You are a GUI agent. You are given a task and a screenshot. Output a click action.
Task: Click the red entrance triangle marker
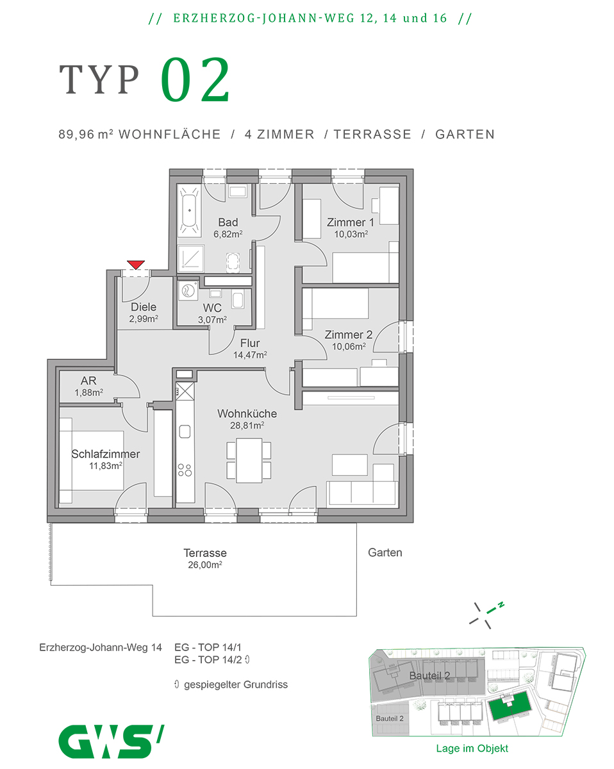point(136,264)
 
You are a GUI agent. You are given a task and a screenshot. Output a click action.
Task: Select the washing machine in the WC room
point(189,291)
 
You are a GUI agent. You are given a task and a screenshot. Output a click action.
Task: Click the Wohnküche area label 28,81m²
point(247,425)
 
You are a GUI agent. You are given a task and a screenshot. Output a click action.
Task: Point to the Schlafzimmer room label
point(106,454)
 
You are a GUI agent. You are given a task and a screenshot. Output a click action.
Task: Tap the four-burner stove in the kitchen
point(185,470)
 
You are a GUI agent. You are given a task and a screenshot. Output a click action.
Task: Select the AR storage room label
point(88,381)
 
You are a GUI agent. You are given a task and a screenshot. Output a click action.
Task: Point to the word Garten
point(385,552)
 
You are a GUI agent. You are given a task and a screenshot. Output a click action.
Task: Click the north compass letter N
point(502,604)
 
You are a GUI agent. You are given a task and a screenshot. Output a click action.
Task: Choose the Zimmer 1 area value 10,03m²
point(350,234)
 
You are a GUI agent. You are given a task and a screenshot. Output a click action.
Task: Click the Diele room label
point(143,307)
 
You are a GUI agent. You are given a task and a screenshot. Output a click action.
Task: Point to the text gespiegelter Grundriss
point(235,684)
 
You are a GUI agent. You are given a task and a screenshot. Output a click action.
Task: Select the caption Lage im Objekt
point(472,748)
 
